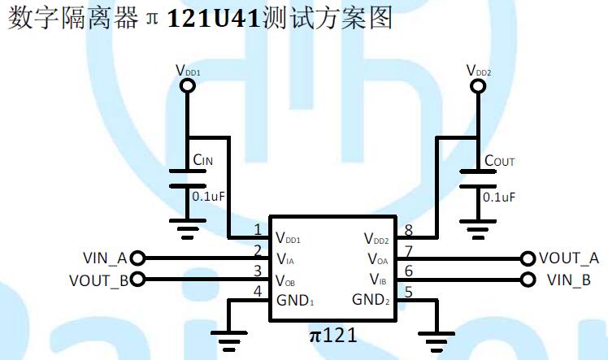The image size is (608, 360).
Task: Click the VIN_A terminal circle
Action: click(137, 258)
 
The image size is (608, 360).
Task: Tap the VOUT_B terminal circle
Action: click(137, 280)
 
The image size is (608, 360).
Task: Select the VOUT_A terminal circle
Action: click(530, 258)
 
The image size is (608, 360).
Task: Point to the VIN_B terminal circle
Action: click(530, 280)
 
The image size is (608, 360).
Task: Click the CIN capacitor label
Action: click(202, 161)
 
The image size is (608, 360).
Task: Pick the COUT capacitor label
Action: click(499, 161)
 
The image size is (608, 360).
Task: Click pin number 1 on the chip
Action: click(258, 230)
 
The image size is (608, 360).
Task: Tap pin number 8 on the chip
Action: click(408, 230)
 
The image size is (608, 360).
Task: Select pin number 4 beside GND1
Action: click(258, 291)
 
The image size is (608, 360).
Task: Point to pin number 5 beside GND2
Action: click(408, 291)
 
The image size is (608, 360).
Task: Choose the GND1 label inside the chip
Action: click(295, 300)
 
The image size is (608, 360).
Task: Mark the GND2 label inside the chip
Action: click(371, 300)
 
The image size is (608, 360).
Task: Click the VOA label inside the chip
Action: click(378, 260)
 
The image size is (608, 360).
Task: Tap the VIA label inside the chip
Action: click(285, 260)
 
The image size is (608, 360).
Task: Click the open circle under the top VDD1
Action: click(188, 84)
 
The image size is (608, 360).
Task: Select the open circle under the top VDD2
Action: click(478, 84)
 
